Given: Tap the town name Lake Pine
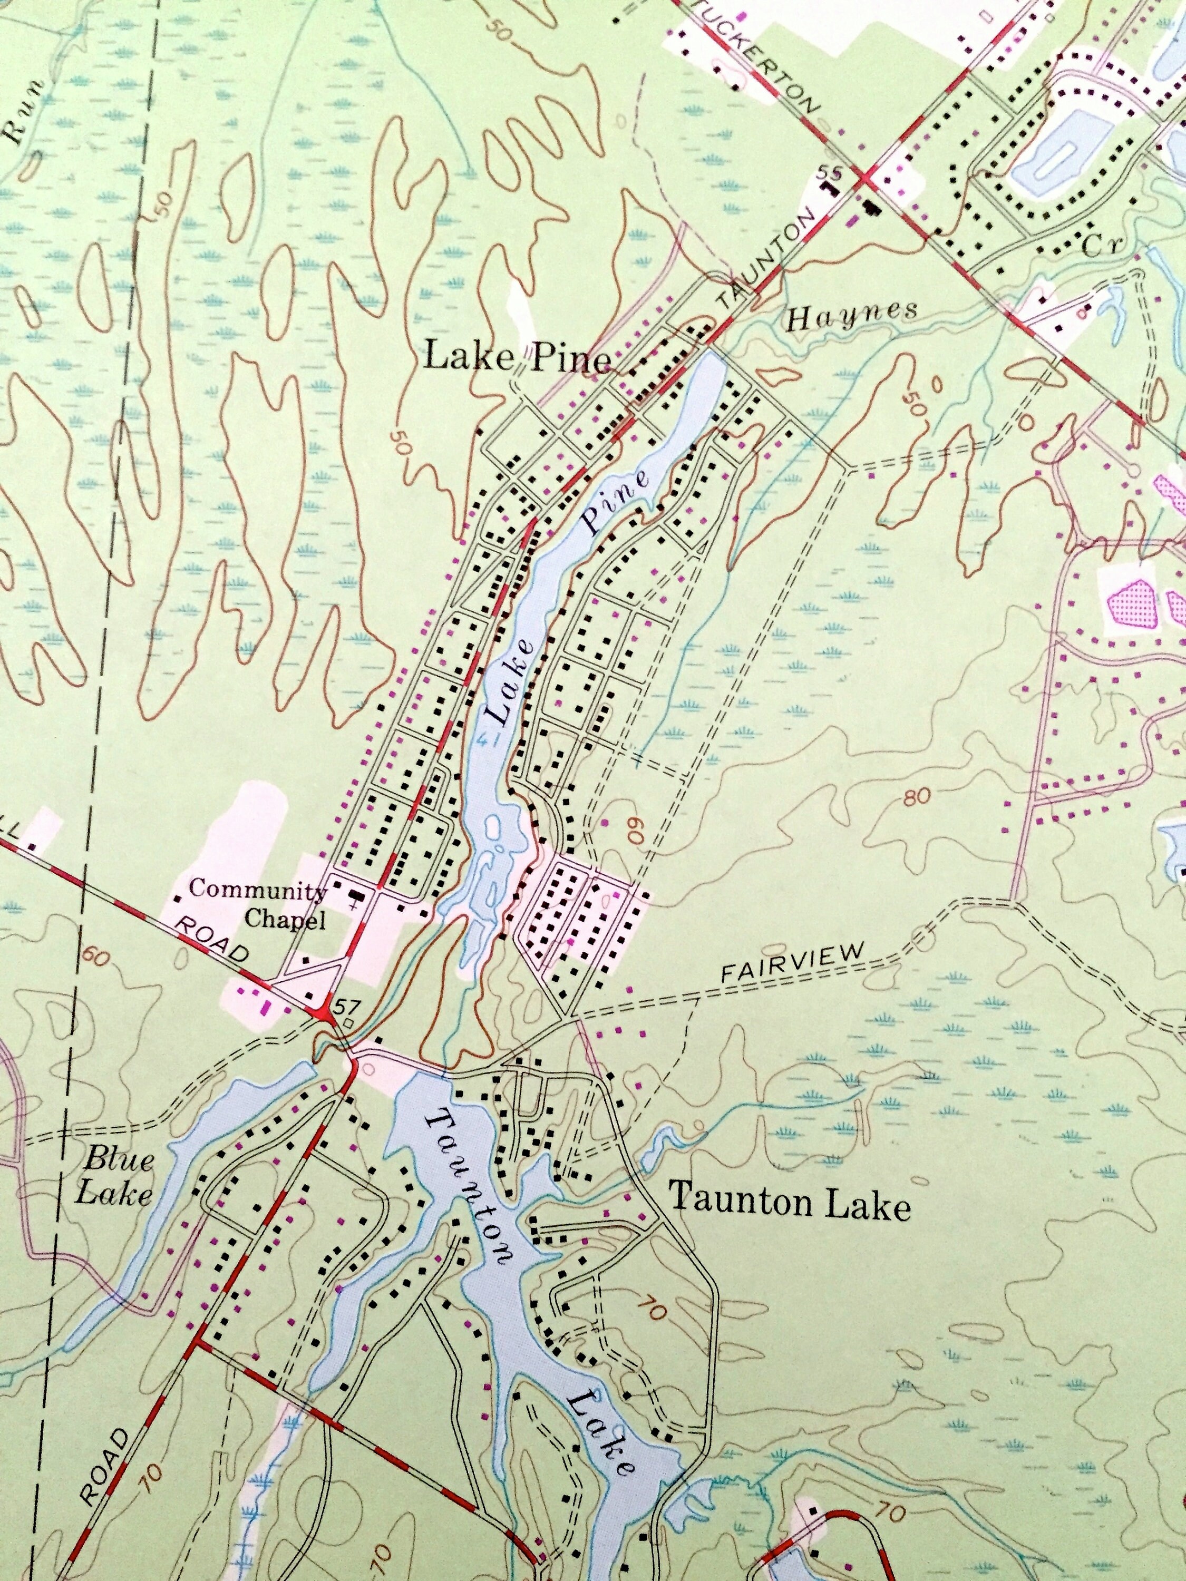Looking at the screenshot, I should tap(518, 357).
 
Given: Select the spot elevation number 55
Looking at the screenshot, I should tap(829, 173).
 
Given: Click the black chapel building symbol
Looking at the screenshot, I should tap(355, 895).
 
